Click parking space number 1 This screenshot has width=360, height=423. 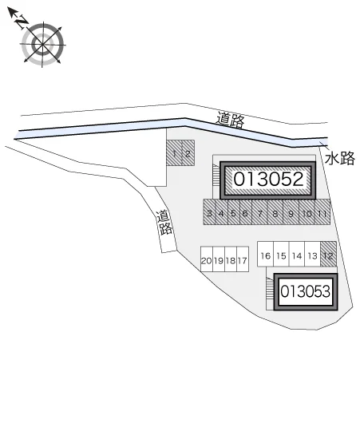click(x=174, y=152)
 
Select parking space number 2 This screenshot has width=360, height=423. click(x=188, y=152)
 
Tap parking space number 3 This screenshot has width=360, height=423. click(x=209, y=212)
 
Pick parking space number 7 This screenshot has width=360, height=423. click(x=259, y=212)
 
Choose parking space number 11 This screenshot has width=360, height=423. click(x=322, y=212)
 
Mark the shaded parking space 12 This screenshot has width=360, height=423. click(x=328, y=254)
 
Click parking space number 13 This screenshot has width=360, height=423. click(x=312, y=254)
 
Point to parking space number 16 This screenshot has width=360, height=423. click(x=266, y=254)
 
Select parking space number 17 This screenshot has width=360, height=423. click(x=243, y=259)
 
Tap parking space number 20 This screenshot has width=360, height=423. click(x=207, y=259)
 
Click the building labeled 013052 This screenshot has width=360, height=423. click(x=268, y=180)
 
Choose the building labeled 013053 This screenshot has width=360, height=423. click(x=306, y=291)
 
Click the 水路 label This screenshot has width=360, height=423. click(x=340, y=158)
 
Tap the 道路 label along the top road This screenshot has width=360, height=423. click(x=231, y=120)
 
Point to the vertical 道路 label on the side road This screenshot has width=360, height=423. click(x=164, y=223)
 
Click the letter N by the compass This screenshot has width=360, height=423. click(x=21, y=22)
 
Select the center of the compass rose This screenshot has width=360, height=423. click(x=42, y=44)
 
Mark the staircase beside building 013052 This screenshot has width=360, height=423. click(x=216, y=175)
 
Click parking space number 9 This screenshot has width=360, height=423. click(x=291, y=212)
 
